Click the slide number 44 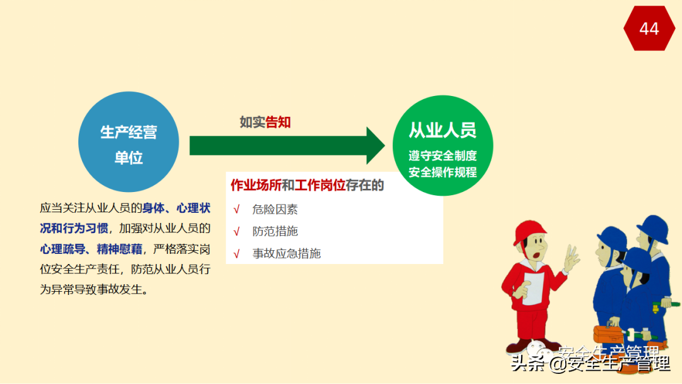coord(649,28)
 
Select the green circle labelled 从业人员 coord(442,145)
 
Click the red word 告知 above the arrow coord(278,122)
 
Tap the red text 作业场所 coord(256,185)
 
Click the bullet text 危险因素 coord(275,210)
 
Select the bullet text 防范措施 coord(275,231)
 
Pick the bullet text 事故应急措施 coord(286,253)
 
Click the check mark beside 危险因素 coord(237,210)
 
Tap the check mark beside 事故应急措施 coord(237,254)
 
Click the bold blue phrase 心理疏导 coord(61,249)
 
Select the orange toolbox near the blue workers coord(608,332)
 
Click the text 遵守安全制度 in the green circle coord(442,155)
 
